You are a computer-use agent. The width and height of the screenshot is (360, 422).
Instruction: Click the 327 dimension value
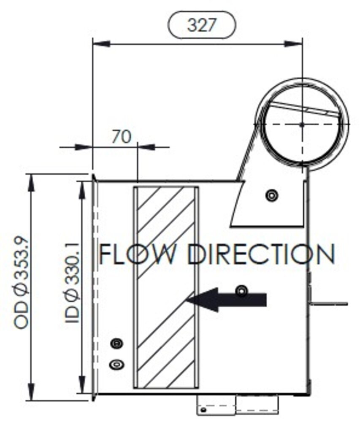201,25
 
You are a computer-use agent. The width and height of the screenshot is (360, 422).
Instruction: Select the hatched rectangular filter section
166,287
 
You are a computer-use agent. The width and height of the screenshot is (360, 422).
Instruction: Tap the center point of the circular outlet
302,124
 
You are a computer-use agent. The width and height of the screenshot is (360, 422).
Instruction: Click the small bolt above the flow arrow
242,290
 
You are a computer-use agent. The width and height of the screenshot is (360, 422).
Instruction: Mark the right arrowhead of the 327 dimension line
294,43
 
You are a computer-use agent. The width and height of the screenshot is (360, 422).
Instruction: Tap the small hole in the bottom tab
203,409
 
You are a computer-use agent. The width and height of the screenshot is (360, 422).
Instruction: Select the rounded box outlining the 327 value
171,25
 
